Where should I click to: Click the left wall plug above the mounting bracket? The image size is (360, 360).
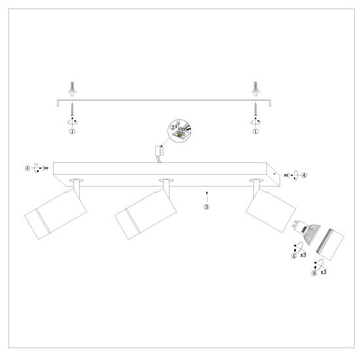tap(72, 88)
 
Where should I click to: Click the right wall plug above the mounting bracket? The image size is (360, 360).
tap(255, 88)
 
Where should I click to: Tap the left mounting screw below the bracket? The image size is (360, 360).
tap(72, 109)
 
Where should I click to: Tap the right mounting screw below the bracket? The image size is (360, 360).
tap(255, 109)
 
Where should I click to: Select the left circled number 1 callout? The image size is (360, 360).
tap(72, 132)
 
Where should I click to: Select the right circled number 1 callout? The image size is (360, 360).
tap(255, 132)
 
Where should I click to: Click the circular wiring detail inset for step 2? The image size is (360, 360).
tap(179, 131)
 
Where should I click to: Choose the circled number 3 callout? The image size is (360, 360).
tap(207, 207)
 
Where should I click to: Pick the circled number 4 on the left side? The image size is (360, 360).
tap(27, 168)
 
